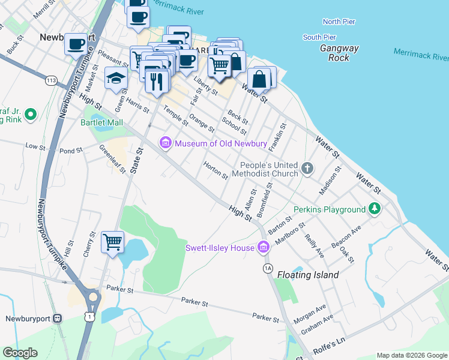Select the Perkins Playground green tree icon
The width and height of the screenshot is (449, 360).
[x=375, y=209]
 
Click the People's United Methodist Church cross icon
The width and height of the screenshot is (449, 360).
[x=307, y=168]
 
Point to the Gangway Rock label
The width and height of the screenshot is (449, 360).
[x=339, y=53]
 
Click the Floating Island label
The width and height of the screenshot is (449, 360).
[x=308, y=275]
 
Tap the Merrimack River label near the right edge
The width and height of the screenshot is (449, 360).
[x=421, y=55]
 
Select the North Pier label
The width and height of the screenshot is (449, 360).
[x=339, y=22]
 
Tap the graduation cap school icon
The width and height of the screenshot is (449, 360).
[x=115, y=77]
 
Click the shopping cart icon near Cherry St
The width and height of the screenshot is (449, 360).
[x=112, y=242]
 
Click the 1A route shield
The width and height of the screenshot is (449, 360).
[x=268, y=267]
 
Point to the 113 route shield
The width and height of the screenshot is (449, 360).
[x=50, y=80]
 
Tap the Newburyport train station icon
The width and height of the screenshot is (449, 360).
[x=58, y=319]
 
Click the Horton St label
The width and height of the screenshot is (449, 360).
[x=215, y=171]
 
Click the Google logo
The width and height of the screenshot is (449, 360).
[x=20, y=353]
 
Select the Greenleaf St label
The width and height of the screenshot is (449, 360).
[x=113, y=159]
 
